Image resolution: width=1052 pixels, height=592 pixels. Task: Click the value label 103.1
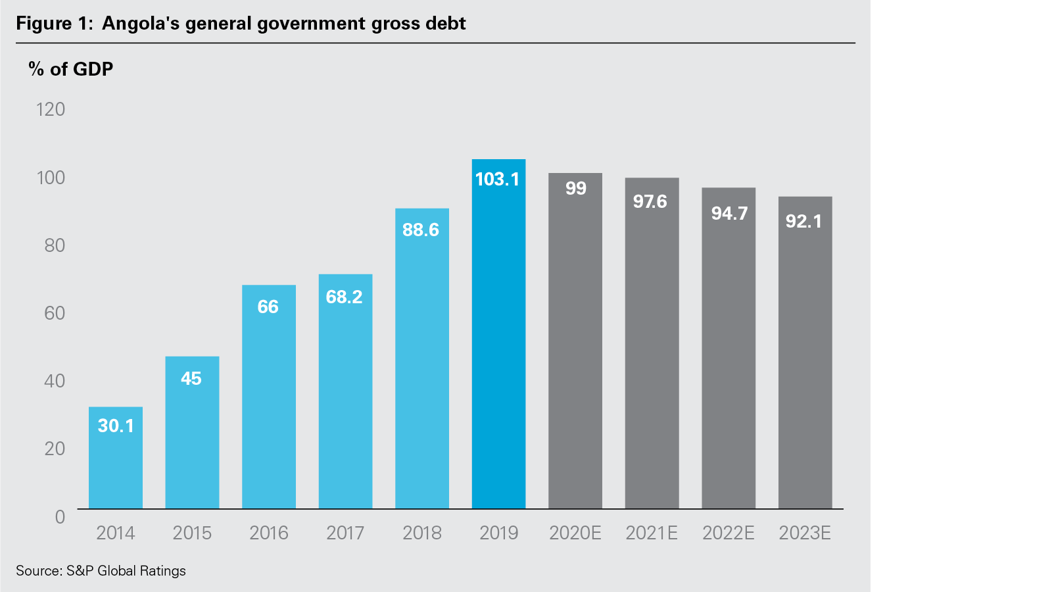pyautogui.click(x=497, y=179)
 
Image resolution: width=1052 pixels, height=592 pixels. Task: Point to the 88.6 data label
pyautogui.click(x=421, y=230)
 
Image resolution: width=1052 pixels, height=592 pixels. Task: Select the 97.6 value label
pyautogui.click(x=650, y=201)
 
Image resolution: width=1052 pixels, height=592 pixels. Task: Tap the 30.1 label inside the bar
pyautogui.click(x=116, y=426)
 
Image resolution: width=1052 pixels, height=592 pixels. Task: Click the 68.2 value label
pyautogui.click(x=345, y=297)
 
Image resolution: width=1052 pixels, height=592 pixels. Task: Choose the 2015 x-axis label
pyautogui.click(x=192, y=533)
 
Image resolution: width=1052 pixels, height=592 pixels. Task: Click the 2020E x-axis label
pyautogui.click(x=575, y=533)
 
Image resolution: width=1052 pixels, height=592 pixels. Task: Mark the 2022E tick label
pyautogui.click(x=729, y=533)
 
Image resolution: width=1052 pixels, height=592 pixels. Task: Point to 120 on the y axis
pyautogui.click(x=51, y=109)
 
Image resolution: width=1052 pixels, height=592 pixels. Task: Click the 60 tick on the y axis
pyautogui.click(x=55, y=313)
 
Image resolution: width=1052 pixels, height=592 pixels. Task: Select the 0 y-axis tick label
pyautogui.click(x=60, y=516)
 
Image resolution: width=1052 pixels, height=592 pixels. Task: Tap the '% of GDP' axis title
pyautogui.click(x=71, y=69)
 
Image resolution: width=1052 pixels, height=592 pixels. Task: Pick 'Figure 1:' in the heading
pyautogui.click(x=54, y=24)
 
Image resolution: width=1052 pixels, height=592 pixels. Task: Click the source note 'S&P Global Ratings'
pyautogui.click(x=126, y=571)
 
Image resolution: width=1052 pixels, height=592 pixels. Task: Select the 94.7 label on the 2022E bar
pyautogui.click(x=729, y=213)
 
